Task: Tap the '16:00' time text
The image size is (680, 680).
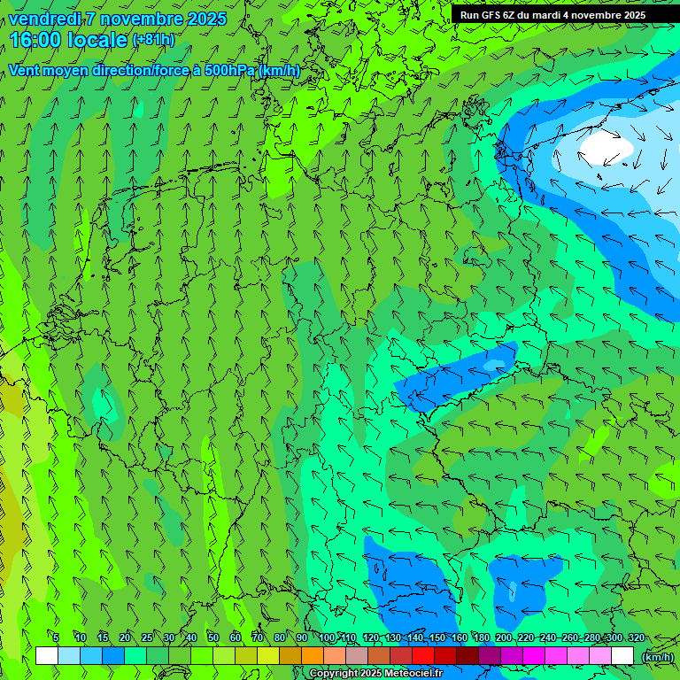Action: coord(35,40)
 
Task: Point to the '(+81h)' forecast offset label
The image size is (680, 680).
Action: coord(153,40)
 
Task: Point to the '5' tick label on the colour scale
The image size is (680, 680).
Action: coord(56,638)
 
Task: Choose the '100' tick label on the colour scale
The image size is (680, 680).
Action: coord(328,638)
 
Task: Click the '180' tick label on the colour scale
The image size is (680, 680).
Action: coord(482,638)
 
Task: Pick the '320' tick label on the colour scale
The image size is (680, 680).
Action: coord(636,638)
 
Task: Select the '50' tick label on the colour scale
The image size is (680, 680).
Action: coord(213,638)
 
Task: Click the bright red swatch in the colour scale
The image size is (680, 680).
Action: coord(423,656)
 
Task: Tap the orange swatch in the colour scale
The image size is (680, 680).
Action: coord(313,656)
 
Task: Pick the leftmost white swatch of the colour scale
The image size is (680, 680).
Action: coord(47,656)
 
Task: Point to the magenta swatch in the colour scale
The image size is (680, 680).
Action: coord(534,656)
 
